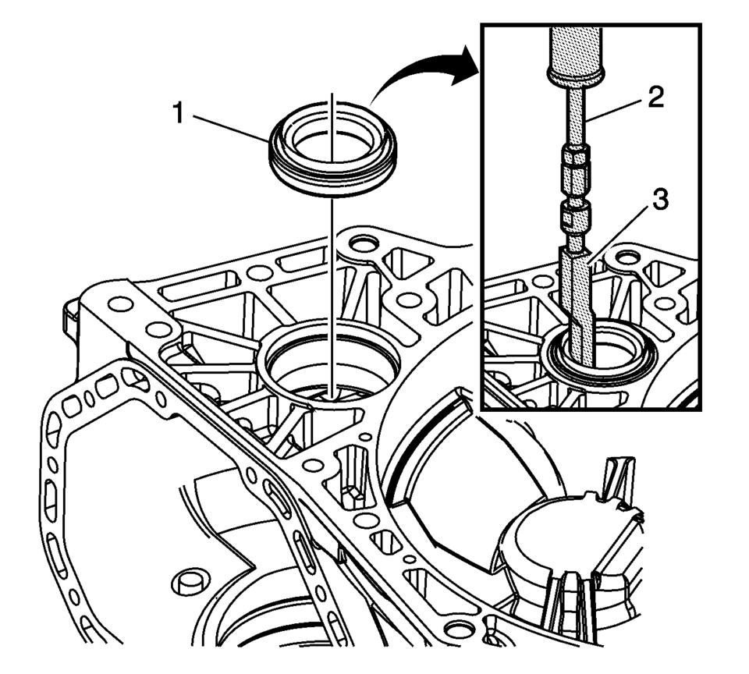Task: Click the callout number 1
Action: [x=179, y=115]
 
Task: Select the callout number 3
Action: [x=660, y=200]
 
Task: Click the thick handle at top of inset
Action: [x=577, y=54]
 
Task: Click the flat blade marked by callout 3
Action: [x=578, y=304]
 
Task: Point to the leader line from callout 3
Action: [x=623, y=225]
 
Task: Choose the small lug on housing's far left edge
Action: [x=68, y=311]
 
